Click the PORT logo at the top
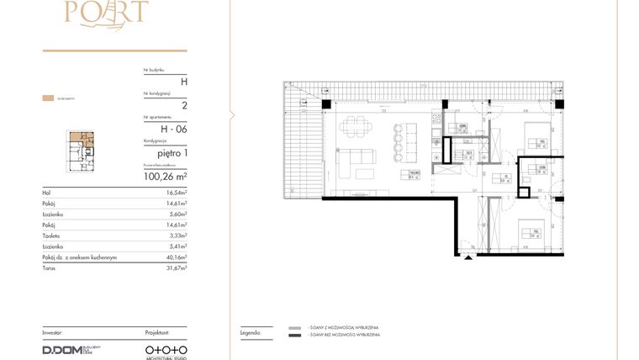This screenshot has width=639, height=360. coord(115,11)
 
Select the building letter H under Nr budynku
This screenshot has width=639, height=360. coord(184,81)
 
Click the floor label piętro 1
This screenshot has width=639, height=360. coord(171,153)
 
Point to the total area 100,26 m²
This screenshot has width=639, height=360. coord(166,177)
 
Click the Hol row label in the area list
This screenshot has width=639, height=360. coord(46,193)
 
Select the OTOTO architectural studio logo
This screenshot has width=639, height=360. coord(166,347)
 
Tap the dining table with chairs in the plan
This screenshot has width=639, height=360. coord(354,131)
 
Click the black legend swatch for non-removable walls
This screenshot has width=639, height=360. coord(294,335)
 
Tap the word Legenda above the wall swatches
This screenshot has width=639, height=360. coord(251,332)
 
